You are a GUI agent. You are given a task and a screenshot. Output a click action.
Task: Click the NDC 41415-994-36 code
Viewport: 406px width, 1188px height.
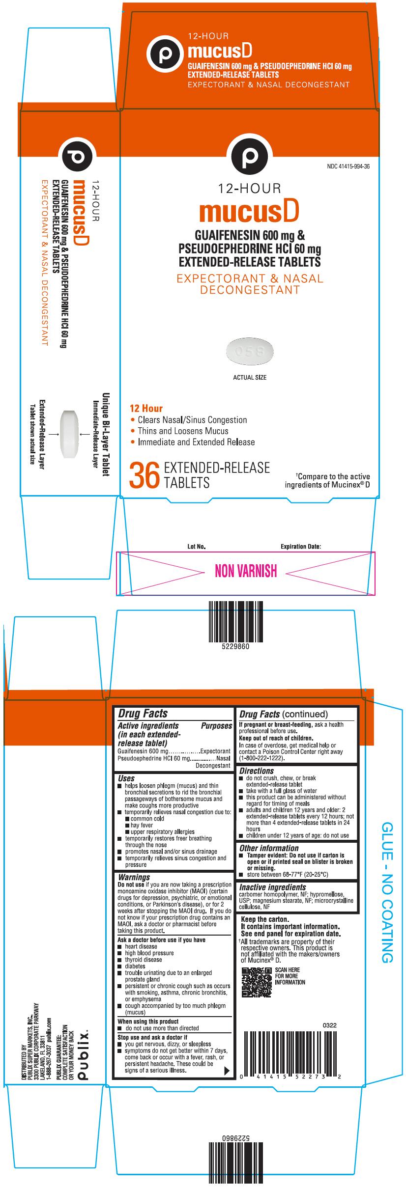coord(348,166)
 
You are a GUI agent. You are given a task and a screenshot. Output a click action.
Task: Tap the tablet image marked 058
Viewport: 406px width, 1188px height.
coord(250,351)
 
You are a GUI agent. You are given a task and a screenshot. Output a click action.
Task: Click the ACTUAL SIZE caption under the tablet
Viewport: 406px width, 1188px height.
coord(250,378)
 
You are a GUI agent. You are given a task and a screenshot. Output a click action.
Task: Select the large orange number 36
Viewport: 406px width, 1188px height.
coord(145,475)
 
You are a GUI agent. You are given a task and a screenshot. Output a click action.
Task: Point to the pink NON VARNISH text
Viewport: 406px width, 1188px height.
coord(246,571)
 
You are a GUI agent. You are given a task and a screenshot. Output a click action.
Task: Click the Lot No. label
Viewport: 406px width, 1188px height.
coord(197,547)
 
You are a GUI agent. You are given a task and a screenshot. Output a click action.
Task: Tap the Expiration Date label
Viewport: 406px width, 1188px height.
coord(300,547)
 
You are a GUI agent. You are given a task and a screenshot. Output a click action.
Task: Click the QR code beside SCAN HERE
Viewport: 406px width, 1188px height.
coord(257,982)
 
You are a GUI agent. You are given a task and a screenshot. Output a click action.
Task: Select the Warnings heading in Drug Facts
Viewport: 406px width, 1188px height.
coord(134,877)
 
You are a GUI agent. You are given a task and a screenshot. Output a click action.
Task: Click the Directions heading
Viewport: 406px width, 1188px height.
coord(257,771)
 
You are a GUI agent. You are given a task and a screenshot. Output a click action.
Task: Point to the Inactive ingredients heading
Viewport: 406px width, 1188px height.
coord(272,887)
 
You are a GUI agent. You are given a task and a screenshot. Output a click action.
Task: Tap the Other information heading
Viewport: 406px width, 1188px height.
coord(269,848)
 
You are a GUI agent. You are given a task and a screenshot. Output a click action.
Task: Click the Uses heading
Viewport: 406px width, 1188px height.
coord(126,778)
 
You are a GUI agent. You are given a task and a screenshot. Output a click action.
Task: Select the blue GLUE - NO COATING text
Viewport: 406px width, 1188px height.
coord(387,892)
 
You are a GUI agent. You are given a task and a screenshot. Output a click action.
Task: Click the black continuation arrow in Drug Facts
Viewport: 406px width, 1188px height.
coord(227,1071)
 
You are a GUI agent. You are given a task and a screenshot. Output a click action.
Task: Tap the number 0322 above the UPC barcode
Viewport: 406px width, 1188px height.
coord(329,1025)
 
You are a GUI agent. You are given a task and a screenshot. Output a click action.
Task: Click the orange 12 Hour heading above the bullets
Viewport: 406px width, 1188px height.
coord(146,409)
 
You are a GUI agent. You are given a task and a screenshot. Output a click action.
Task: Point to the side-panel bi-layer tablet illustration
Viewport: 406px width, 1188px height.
coord(69,434)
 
